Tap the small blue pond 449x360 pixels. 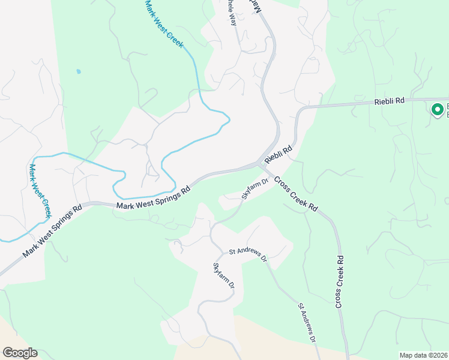click(x=78, y=71)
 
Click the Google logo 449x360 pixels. click(x=20, y=353)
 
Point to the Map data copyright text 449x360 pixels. click(x=424, y=355)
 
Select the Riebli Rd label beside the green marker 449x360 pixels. click(x=390, y=102)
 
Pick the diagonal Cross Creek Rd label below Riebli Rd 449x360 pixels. click(x=296, y=193)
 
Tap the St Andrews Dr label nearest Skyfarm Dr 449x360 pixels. click(x=247, y=254)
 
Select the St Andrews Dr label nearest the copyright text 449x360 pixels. click(x=307, y=323)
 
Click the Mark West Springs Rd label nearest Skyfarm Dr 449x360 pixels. click(x=154, y=198)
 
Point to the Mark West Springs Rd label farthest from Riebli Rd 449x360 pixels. click(x=52, y=233)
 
